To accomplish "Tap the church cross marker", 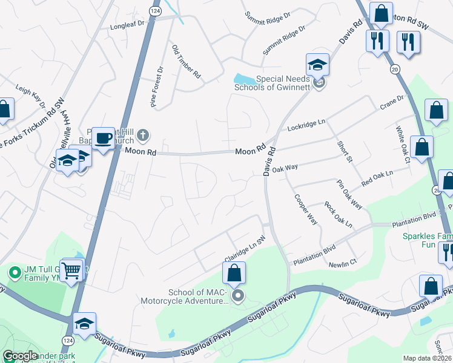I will click(143, 135).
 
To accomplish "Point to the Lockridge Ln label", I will click(306, 125).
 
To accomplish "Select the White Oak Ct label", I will click(403, 144).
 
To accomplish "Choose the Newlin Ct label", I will click(343, 264).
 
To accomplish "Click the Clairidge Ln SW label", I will click(245, 249).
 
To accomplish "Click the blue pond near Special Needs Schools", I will click(245, 79).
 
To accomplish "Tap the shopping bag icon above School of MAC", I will click(234, 273).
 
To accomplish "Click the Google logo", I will click(20, 356).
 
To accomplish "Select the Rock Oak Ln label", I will click(339, 215).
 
